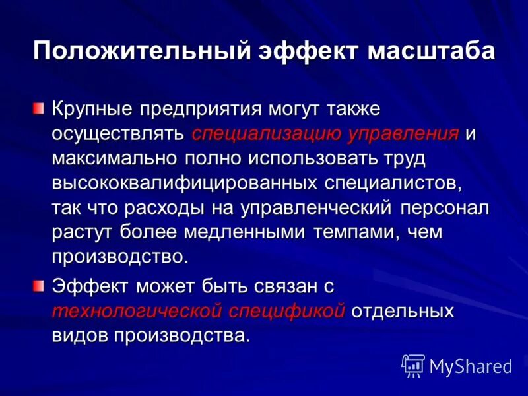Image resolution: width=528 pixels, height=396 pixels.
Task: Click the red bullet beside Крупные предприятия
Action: click(41, 107)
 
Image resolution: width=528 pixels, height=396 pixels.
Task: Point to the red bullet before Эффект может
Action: click(41, 284)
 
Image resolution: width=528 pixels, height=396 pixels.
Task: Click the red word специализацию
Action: click(266, 133)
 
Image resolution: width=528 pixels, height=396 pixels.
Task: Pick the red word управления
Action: click(402, 133)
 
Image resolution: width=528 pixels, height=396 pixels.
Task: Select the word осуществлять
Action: click(117, 133)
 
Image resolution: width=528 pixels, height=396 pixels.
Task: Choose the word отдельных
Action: click(402, 311)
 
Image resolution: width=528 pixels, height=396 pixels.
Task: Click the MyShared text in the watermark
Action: click(471, 365)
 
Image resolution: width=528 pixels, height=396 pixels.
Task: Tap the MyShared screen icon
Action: click(412, 365)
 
